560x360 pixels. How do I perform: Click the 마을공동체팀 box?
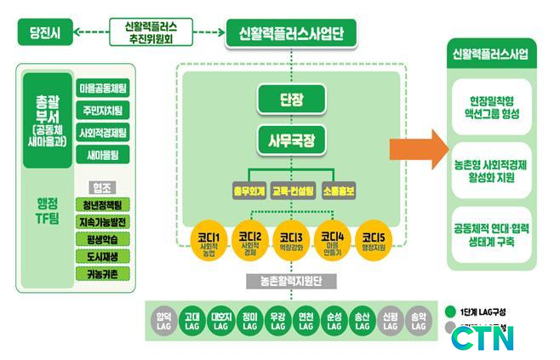(103, 88)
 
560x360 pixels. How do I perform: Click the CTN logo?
(482, 336)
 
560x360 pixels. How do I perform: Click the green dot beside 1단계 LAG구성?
(451, 311)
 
